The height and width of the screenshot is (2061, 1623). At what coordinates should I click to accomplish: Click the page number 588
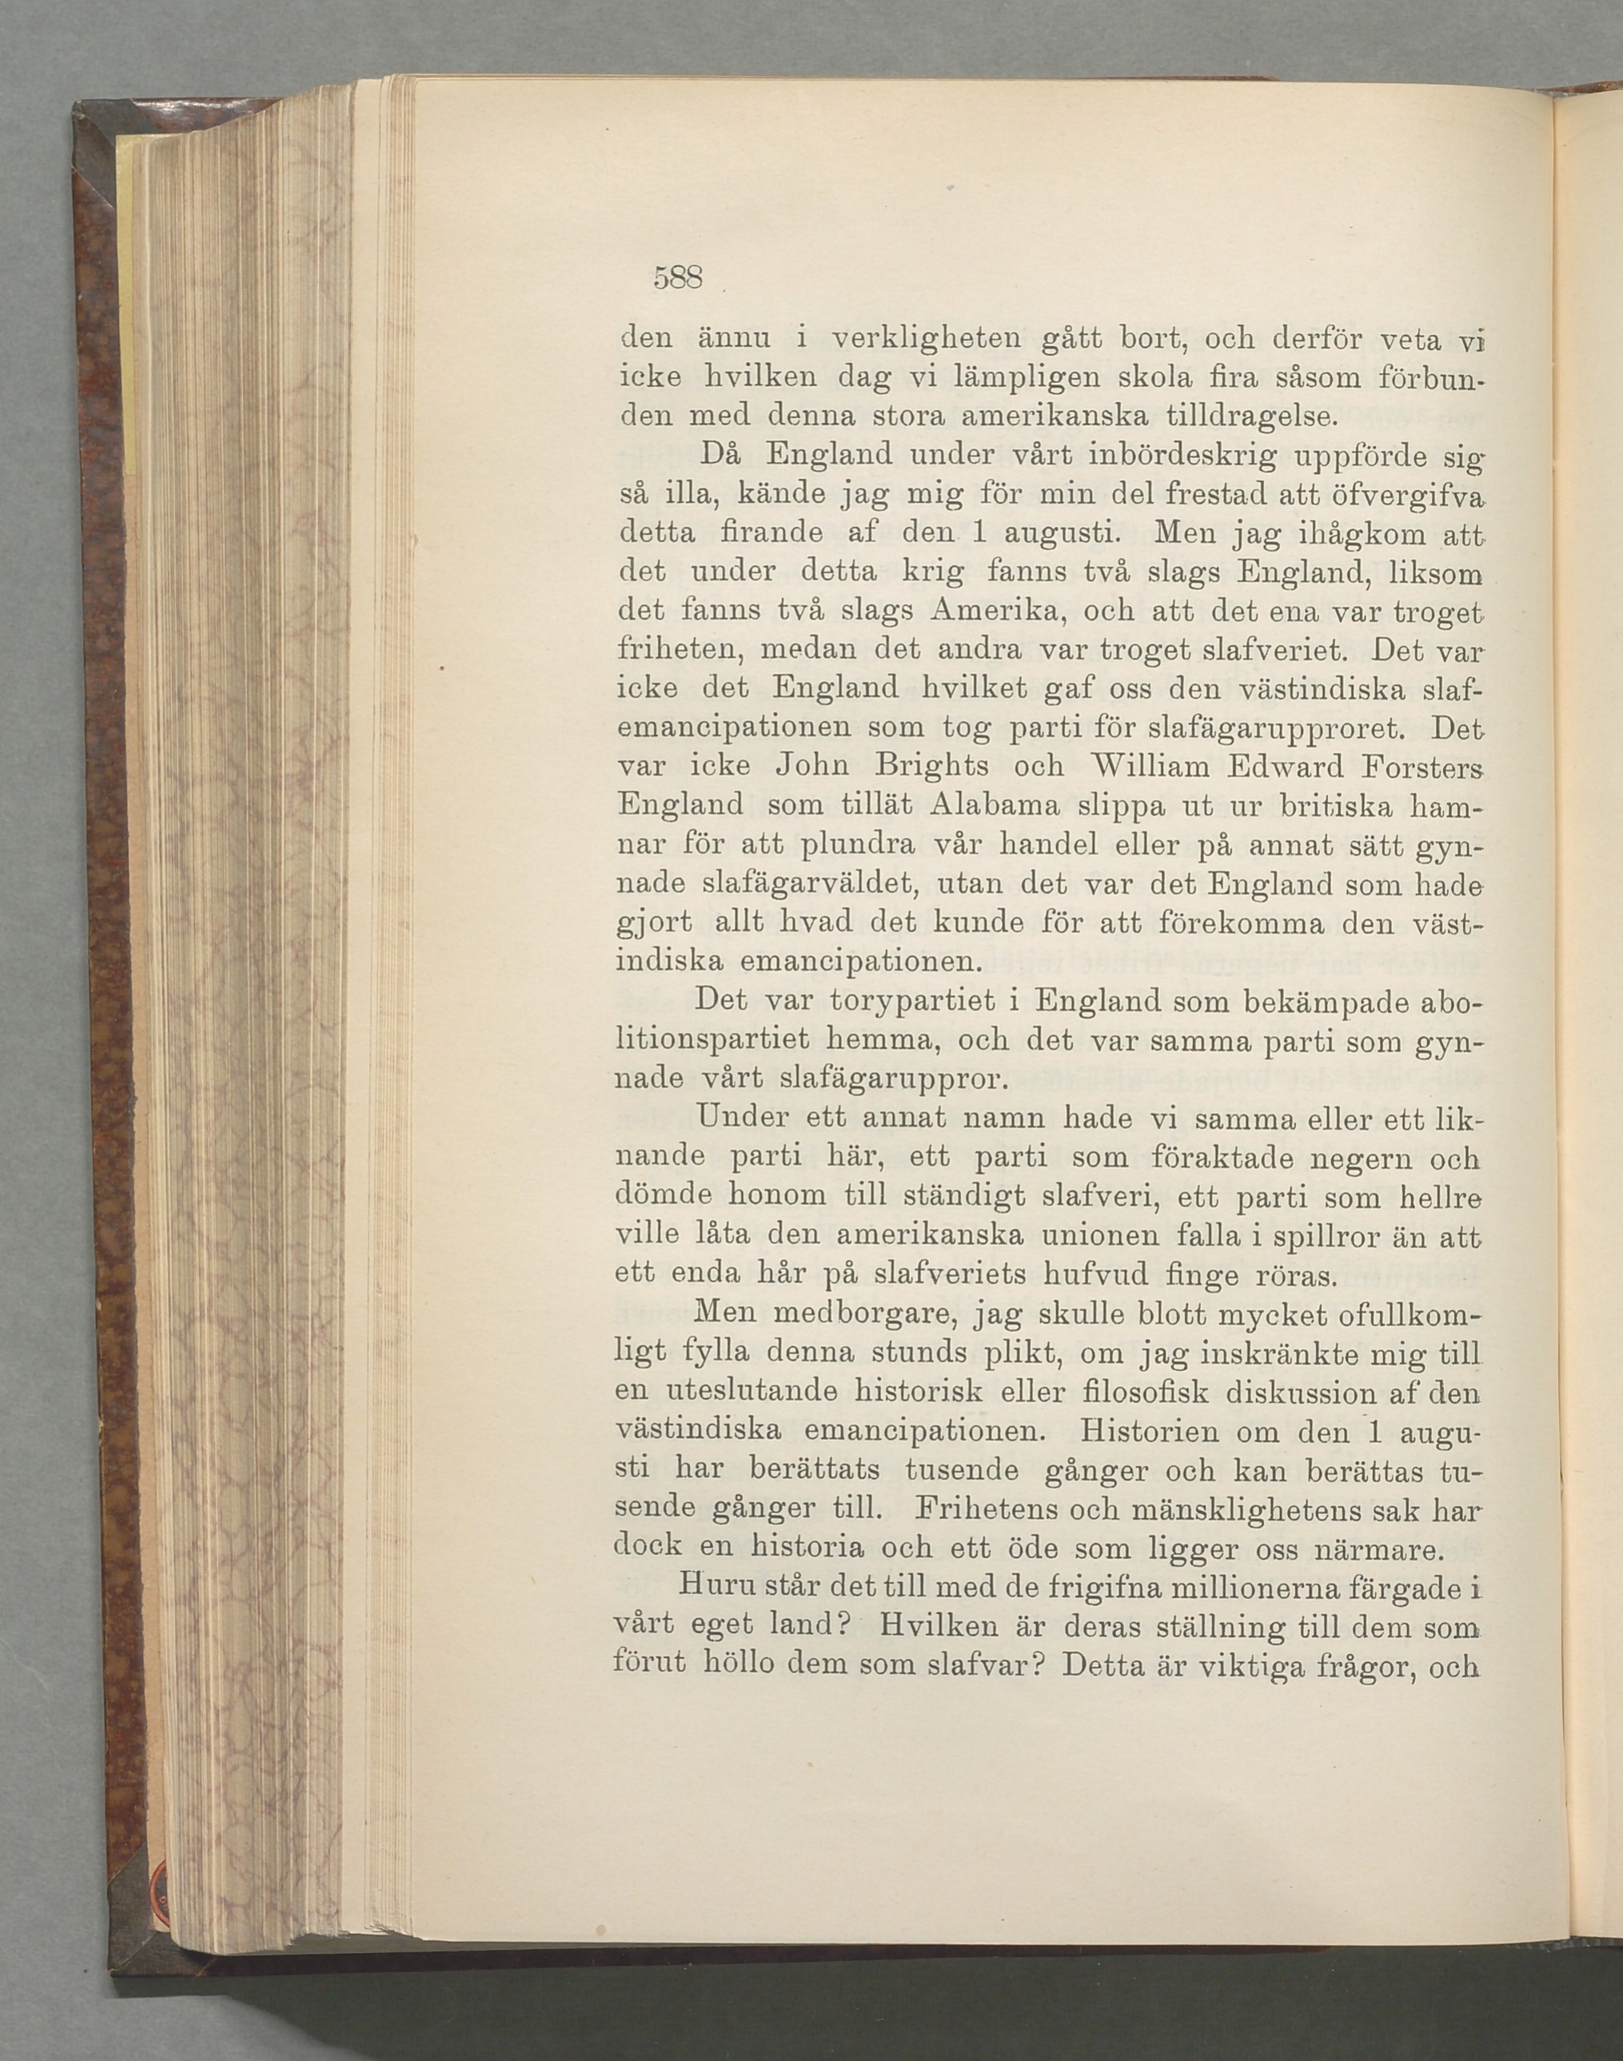[676, 277]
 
